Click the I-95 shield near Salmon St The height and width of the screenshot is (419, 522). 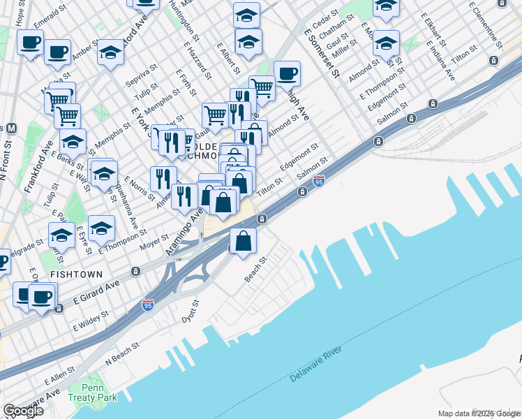click(319, 182)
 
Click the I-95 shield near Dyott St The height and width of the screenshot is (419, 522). click(147, 306)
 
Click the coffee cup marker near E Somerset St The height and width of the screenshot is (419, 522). click(287, 73)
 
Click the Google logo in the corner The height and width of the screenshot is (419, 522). click(22, 411)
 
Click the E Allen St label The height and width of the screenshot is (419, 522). click(59, 378)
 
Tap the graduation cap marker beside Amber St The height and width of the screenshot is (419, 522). click(110, 52)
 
